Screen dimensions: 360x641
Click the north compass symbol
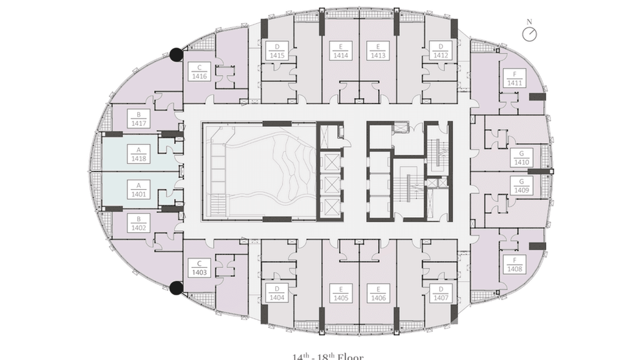coord(529,34)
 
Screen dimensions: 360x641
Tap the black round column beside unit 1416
coord(177,54)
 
